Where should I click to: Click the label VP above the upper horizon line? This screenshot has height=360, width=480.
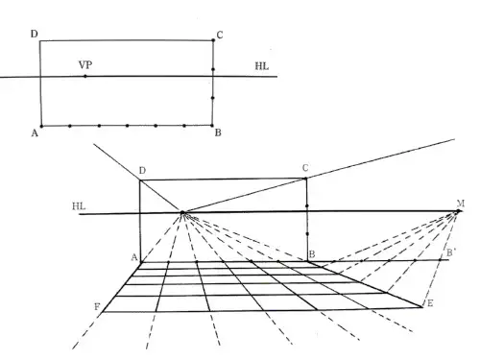85,65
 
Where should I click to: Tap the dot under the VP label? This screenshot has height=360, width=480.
85,76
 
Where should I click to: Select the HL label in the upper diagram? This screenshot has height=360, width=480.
262,66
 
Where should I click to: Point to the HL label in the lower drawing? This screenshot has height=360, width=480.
79,206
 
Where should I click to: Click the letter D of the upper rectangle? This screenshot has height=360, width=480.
35,34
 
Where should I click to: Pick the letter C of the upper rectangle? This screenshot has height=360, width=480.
220,35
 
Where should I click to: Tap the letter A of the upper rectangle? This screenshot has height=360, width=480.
35,133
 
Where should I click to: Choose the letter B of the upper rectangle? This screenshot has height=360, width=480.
218,132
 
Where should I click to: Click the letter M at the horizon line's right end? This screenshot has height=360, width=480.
461,204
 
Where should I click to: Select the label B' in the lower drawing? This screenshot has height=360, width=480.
451,252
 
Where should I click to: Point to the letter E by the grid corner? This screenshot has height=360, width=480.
430,303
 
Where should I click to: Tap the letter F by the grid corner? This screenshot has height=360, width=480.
97,307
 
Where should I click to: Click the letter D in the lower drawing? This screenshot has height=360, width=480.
142,171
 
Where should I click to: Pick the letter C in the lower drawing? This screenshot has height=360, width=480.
305,168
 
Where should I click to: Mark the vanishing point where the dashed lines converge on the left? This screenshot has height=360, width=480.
182,212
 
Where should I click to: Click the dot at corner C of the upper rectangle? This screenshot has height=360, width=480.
213,40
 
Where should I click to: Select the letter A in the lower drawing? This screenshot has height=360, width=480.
134,257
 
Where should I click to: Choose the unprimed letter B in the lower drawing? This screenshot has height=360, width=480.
312,254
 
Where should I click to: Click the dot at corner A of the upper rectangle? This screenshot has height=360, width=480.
41,126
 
